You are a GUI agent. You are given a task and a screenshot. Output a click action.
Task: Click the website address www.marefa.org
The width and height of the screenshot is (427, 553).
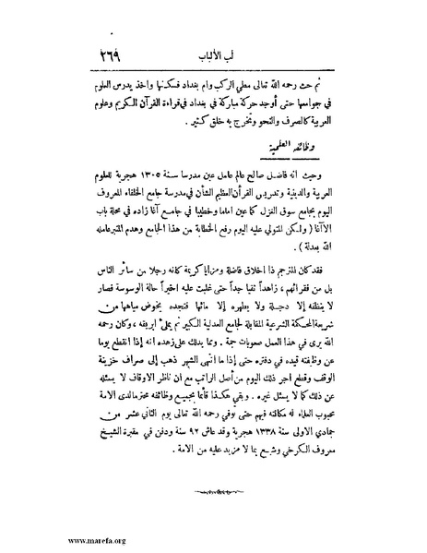pos(45,541)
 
